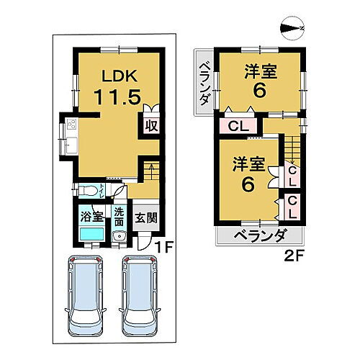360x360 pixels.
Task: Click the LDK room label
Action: pyautogui.click(x=114, y=75)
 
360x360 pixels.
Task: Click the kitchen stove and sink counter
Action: pyautogui.click(x=72, y=137)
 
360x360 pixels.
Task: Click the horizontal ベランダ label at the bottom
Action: pyautogui.click(x=260, y=235)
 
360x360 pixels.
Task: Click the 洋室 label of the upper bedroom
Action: pyautogui.click(x=261, y=72)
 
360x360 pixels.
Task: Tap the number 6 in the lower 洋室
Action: pyautogui.click(x=247, y=184)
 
